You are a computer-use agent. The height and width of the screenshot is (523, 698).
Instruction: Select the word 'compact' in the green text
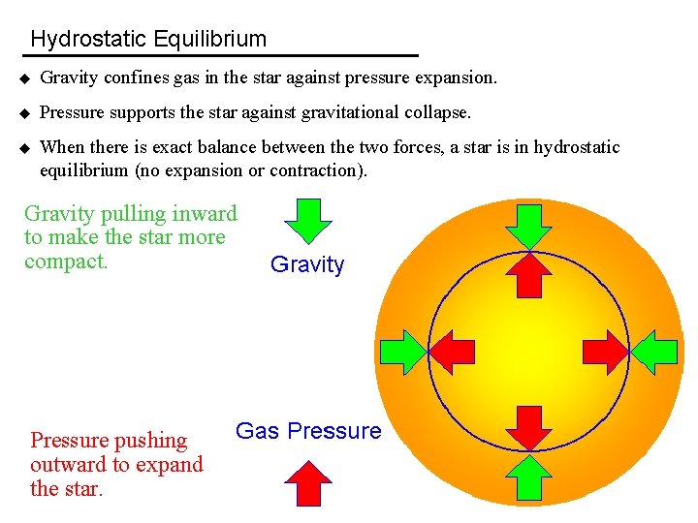[65, 261]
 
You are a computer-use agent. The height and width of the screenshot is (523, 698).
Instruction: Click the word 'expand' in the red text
[174, 464]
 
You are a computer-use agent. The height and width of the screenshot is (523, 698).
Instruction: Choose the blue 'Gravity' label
[307, 264]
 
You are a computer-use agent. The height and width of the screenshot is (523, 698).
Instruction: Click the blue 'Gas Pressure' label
[309, 431]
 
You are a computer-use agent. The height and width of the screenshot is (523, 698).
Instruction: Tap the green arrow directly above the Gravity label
[307, 221]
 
